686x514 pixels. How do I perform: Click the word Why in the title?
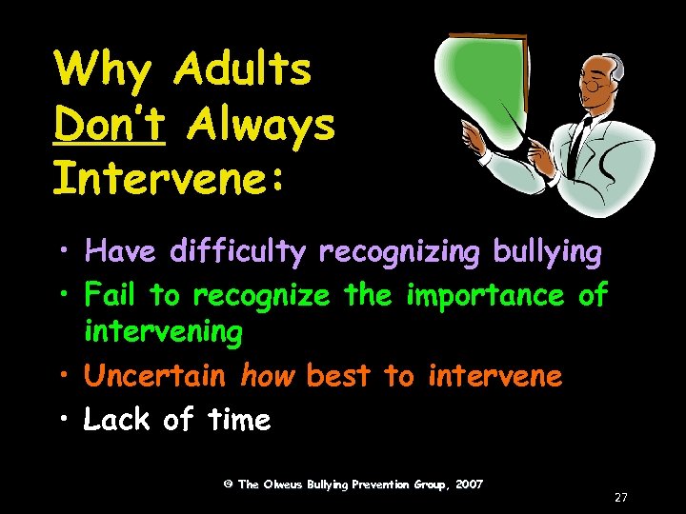pos(101,70)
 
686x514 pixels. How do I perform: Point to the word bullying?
pos(547,252)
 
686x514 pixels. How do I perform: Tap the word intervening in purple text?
pos(163,332)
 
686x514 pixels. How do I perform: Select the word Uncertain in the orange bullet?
pos(155,376)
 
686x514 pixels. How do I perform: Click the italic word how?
pos(269,376)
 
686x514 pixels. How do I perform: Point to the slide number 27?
pos(621,497)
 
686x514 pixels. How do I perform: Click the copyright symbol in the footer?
pos(228,484)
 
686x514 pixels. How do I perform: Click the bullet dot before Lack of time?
pos(68,420)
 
